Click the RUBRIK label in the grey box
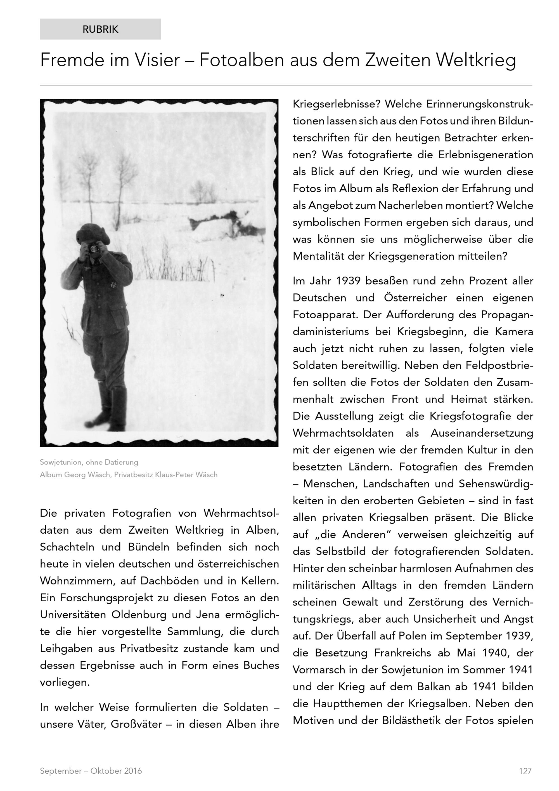pyautogui.click(x=100, y=29)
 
